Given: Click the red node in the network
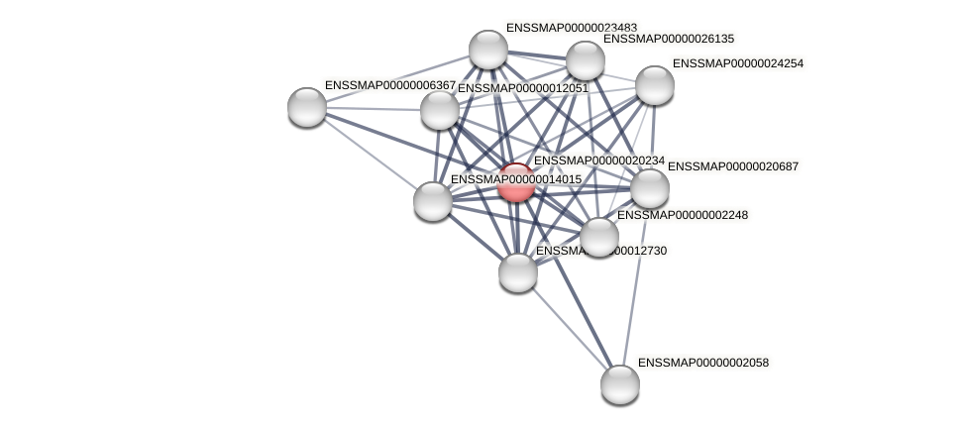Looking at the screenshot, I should pos(516,182).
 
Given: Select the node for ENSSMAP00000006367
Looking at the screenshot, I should pos(307,106).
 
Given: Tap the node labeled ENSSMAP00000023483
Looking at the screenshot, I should pos(487,50).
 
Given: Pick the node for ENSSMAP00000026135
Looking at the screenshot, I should pos(585,60).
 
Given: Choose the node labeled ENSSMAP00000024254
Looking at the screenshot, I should pos(654,84).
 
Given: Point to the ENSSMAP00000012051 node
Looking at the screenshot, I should pos(440,109).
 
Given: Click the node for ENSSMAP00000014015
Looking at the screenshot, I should pos(433,200).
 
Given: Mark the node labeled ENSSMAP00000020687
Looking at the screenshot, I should pos(650,188).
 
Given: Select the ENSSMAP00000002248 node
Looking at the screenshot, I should pos(598,236).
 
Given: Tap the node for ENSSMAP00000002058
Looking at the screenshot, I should pos(620,383).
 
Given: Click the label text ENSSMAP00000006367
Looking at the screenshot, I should pos(390,85).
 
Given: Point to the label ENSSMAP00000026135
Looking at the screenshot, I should pos(669,39).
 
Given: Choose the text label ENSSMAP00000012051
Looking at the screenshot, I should pos(522,88).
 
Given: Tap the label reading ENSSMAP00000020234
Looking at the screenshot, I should pos(599,161).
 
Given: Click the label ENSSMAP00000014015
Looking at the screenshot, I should pos(516,179).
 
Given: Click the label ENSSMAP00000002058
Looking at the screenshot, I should pos(703,363).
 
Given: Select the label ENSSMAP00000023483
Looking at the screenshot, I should pos(572,28).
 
